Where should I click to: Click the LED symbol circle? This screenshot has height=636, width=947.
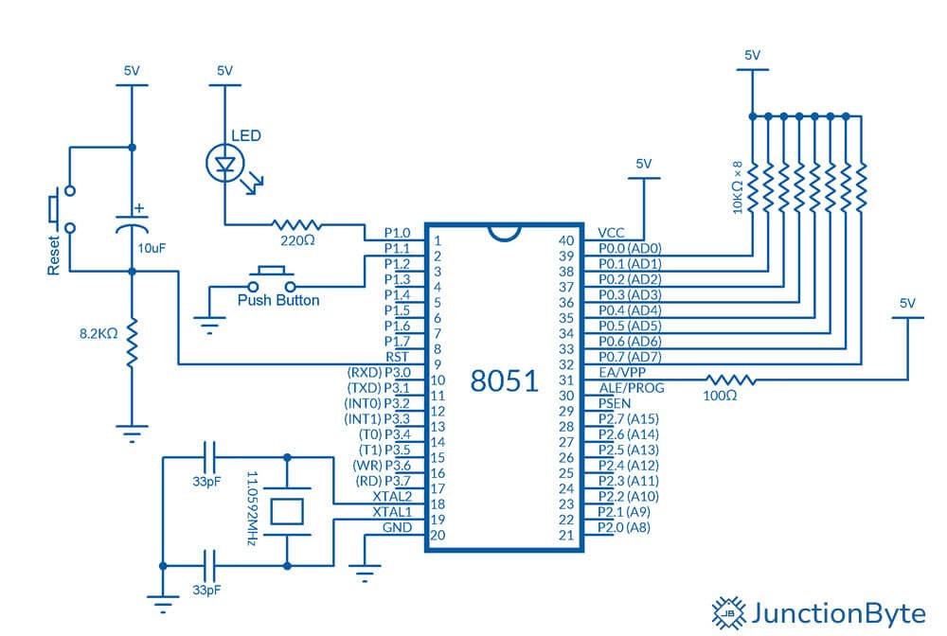pyautogui.click(x=207, y=163)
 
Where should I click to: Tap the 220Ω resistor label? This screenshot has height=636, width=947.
pyautogui.click(x=297, y=240)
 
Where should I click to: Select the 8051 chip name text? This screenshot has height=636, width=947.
pyautogui.click(x=505, y=380)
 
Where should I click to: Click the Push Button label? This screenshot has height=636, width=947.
pyautogui.click(x=278, y=300)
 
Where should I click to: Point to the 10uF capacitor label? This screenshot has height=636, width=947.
pyautogui.click(x=152, y=248)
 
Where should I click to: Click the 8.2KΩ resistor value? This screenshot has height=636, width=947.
pyautogui.click(x=98, y=334)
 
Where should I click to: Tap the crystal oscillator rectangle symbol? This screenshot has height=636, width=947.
pyautogui.click(x=287, y=511)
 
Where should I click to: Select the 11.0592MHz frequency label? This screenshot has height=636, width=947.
pyautogui.click(x=253, y=508)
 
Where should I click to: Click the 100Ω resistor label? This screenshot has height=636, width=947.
pyautogui.click(x=720, y=396)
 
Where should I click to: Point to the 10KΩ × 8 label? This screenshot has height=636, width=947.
pyautogui.click(x=737, y=187)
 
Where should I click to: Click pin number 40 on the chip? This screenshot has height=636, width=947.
pyautogui.click(x=566, y=240)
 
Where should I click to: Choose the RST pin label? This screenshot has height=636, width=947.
pyautogui.click(x=398, y=357)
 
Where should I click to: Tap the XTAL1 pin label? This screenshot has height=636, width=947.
pyautogui.click(x=392, y=512)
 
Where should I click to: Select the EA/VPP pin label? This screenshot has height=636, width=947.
pyautogui.click(x=622, y=372)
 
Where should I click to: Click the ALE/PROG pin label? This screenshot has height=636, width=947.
pyautogui.click(x=631, y=388)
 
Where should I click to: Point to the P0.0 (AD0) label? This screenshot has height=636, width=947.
pyautogui.click(x=630, y=248)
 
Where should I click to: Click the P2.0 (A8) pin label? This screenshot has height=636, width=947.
pyautogui.click(x=624, y=527)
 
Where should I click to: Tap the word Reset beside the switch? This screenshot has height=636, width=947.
pyautogui.click(x=54, y=256)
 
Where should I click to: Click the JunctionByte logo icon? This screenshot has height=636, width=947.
pyautogui.click(x=729, y=613)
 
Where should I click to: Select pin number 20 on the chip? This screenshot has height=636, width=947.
pyautogui.click(x=438, y=536)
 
